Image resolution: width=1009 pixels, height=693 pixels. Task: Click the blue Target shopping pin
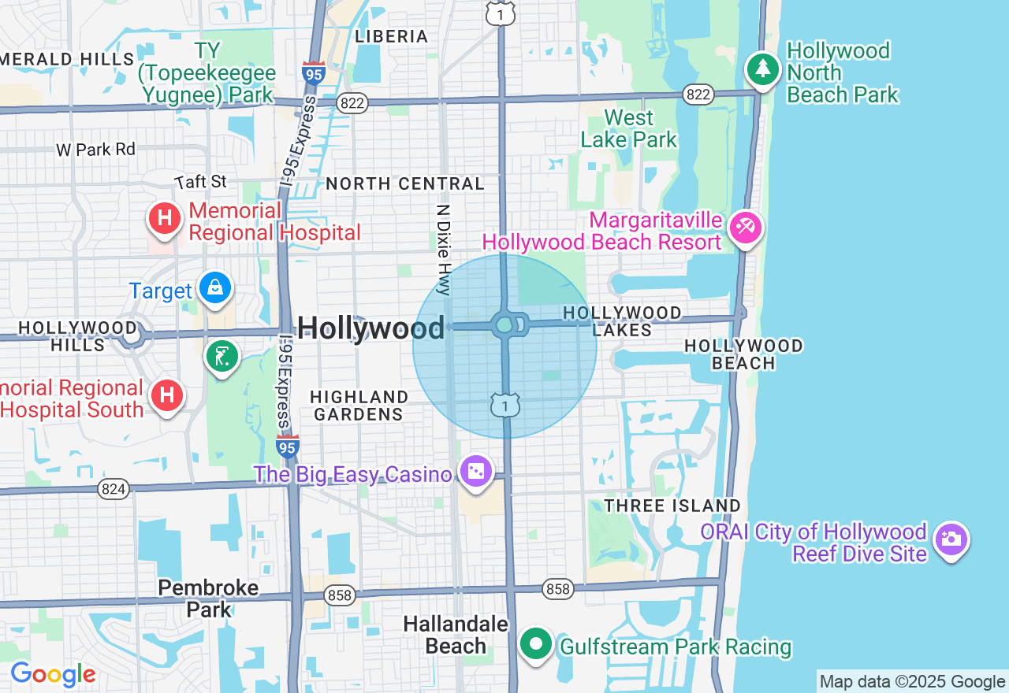[x=214, y=288]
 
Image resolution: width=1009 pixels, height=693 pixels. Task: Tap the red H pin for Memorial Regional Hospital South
[x=167, y=395]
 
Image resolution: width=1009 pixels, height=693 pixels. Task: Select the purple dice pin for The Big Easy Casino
[x=476, y=472]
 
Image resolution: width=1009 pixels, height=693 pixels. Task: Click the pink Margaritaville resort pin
[x=745, y=228]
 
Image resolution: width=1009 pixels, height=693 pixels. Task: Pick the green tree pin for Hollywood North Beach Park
[x=762, y=69]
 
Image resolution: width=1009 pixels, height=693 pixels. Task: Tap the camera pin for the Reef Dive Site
[x=951, y=539]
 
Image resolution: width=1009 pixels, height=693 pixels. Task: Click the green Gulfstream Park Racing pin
[x=537, y=644]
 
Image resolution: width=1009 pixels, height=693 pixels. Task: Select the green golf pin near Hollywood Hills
[x=222, y=357]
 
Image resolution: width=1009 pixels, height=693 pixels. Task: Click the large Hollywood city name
[x=370, y=328]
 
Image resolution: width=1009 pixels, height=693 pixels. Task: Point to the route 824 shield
[x=114, y=489]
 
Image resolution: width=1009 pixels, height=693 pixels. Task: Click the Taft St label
[x=201, y=182]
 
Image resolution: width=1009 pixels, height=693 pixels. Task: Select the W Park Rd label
[x=95, y=149]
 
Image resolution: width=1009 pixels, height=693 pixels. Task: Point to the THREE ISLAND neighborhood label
[x=672, y=506]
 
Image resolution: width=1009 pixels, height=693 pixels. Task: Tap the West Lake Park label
[x=628, y=129]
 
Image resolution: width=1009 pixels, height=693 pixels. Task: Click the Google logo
[x=53, y=674]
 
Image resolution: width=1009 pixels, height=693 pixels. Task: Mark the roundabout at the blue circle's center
[x=504, y=324]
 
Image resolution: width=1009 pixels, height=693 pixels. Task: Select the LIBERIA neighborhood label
[x=392, y=36]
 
